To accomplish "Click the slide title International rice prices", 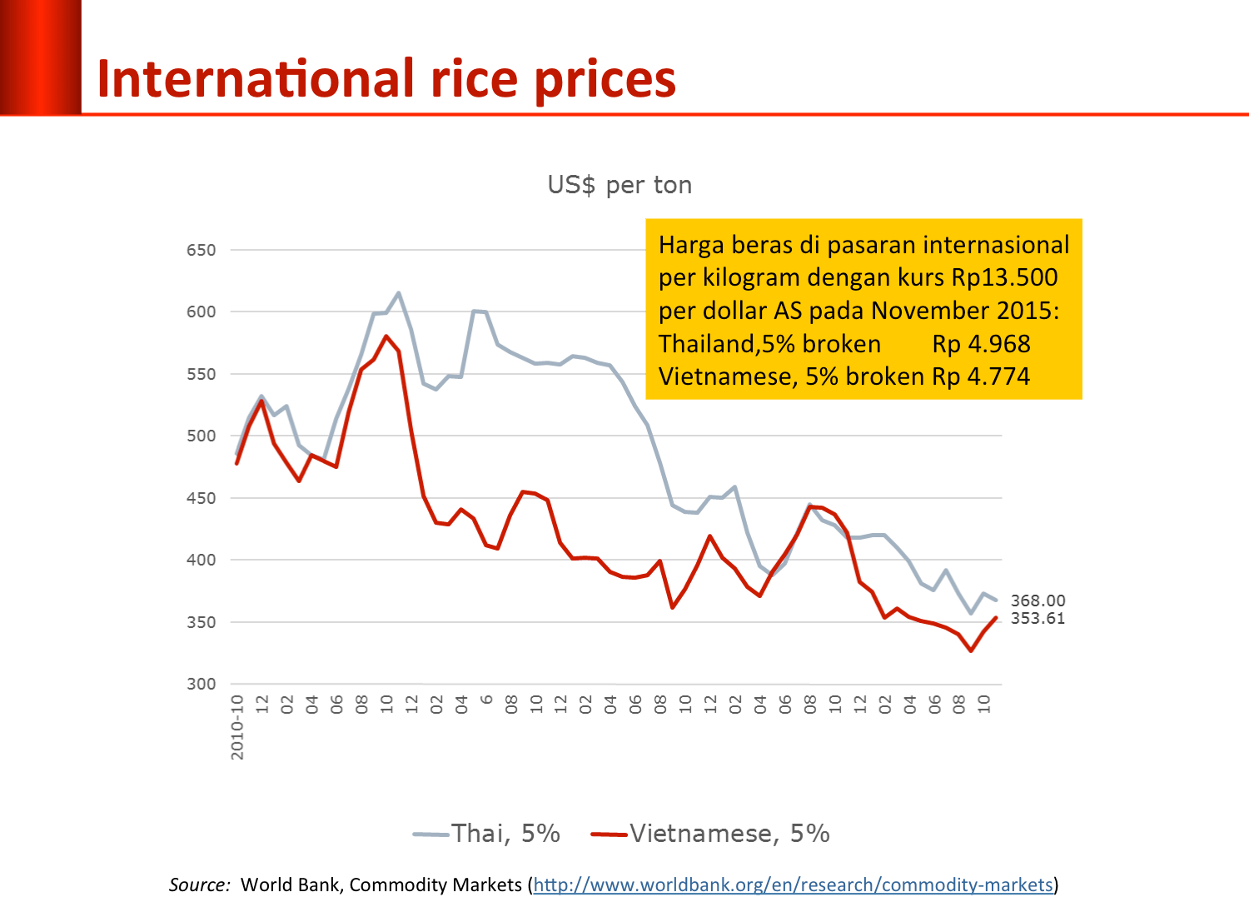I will tap(386, 79).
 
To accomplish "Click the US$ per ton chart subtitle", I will tap(620, 185).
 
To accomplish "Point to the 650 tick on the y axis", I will tap(201, 251).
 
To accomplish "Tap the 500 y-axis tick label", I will tap(201, 436).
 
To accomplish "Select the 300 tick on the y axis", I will tap(201, 684).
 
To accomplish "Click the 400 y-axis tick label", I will tap(201, 560).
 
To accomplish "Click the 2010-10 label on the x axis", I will tap(238, 726).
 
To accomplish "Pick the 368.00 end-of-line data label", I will tap(1038, 601).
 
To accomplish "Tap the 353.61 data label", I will tap(1038, 618).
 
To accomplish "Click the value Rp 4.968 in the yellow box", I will tap(981, 344).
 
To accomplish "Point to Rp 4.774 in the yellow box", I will tap(981, 376).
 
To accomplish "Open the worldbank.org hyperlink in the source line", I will tap(794, 885).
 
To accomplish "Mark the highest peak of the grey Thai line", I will tap(399, 293).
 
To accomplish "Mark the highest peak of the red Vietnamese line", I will tap(386, 336).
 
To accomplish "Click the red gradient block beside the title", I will tap(41, 57).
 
